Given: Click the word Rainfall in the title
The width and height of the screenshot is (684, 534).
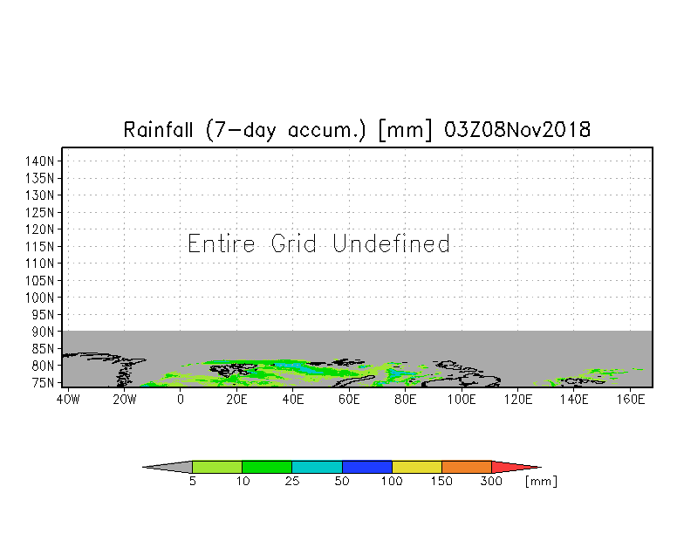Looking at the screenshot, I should tap(161, 131).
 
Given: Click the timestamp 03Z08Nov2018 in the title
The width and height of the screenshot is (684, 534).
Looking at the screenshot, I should tap(517, 131).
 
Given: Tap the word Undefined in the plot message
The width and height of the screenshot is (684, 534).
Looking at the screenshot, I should tap(392, 243).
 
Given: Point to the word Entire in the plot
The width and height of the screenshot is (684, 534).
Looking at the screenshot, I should tap(222, 243).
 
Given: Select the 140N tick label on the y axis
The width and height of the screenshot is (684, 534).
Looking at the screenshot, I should tap(44, 161).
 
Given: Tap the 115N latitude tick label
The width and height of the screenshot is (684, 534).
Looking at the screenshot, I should tap(44, 246).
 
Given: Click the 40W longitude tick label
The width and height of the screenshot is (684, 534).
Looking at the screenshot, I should tap(68, 399).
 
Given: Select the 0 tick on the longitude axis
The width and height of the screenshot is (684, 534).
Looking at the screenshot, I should tap(181, 399).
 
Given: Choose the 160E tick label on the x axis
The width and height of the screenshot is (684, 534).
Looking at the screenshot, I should tap(630, 399).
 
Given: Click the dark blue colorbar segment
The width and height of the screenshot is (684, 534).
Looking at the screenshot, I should tap(367, 467).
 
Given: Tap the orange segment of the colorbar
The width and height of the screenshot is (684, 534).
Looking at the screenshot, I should tap(467, 467).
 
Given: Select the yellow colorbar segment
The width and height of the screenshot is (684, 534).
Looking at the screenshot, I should tap(417, 467).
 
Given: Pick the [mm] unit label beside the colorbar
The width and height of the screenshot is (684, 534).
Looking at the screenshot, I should tap(541, 482).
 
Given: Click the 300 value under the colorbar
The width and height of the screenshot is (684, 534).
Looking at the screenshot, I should tap(492, 482).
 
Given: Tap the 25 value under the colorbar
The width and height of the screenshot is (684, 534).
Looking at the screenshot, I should tap(292, 482).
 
